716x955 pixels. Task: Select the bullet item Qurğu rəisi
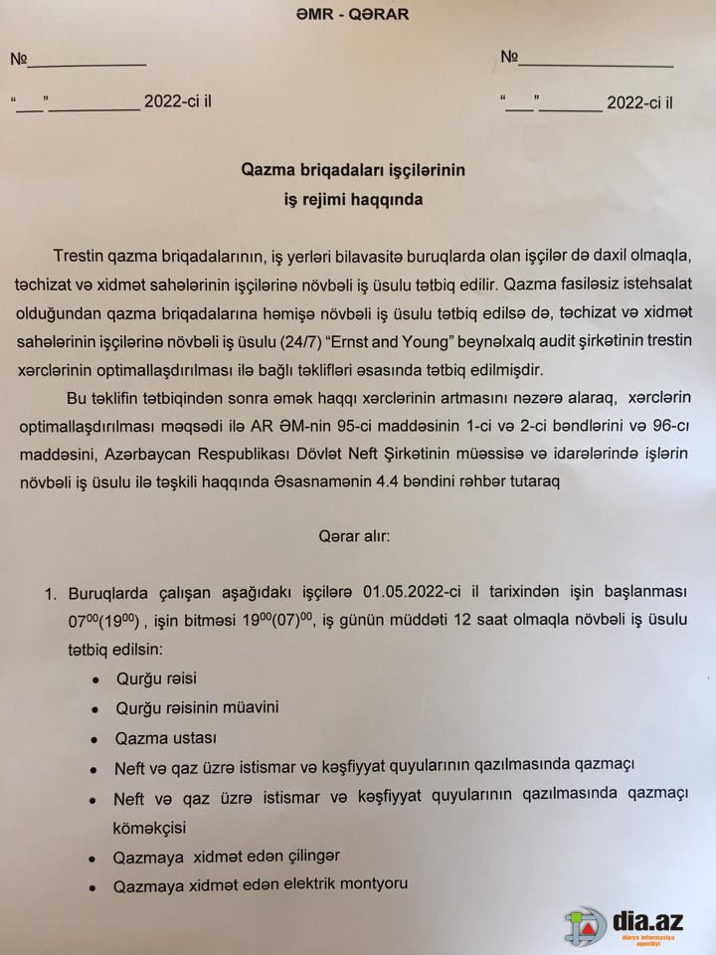pos(157,678)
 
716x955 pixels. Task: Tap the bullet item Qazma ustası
pos(166,738)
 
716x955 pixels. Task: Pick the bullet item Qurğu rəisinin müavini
pos(197,707)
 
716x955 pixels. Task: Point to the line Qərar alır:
pos(355,535)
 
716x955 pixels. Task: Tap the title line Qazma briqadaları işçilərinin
pos(354,170)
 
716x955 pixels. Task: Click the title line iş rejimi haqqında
pos(354,199)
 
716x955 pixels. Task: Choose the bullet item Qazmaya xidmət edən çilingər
pos(228,856)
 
